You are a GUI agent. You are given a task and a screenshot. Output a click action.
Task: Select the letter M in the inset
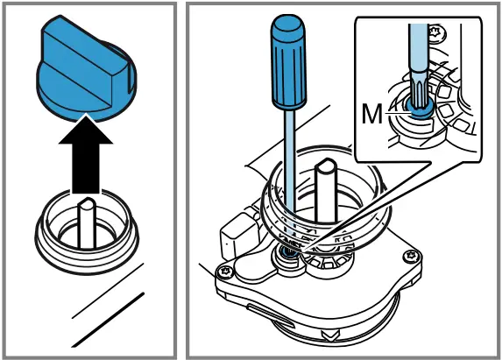click(373, 113)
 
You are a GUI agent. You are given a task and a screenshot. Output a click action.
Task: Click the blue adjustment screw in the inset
click(419, 108)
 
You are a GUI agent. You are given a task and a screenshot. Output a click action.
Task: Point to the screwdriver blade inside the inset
click(419, 66)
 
